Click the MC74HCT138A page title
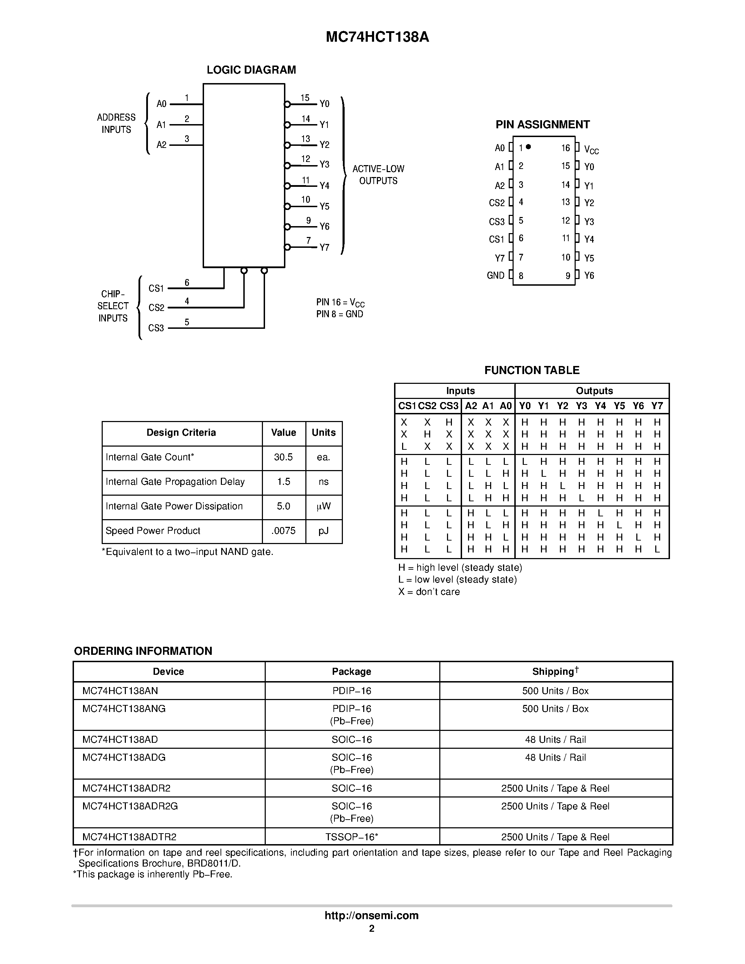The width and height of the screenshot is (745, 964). click(x=377, y=38)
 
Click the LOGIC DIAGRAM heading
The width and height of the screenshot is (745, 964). click(x=251, y=70)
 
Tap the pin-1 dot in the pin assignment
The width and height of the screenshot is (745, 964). click(x=528, y=147)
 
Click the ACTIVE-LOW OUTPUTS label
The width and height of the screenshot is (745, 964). click(x=378, y=175)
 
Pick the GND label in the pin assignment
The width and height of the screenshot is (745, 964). click(x=496, y=276)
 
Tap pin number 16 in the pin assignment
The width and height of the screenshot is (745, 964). click(x=565, y=148)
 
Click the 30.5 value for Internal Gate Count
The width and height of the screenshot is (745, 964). click(x=283, y=457)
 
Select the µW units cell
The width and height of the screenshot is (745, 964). click(x=324, y=506)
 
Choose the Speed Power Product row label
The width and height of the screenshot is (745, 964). click(x=153, y=531)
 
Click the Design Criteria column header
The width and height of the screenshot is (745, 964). click(x=181, y=433)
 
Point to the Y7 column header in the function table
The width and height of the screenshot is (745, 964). click(x=657, y=406)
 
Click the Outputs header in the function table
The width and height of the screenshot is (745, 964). click(x=594, y=391)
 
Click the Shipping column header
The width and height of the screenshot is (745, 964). click(x=555, y=672)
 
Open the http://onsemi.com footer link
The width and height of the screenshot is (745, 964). click(x=372, y=915)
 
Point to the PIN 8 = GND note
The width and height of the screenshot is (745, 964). click(x=339, y=314)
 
